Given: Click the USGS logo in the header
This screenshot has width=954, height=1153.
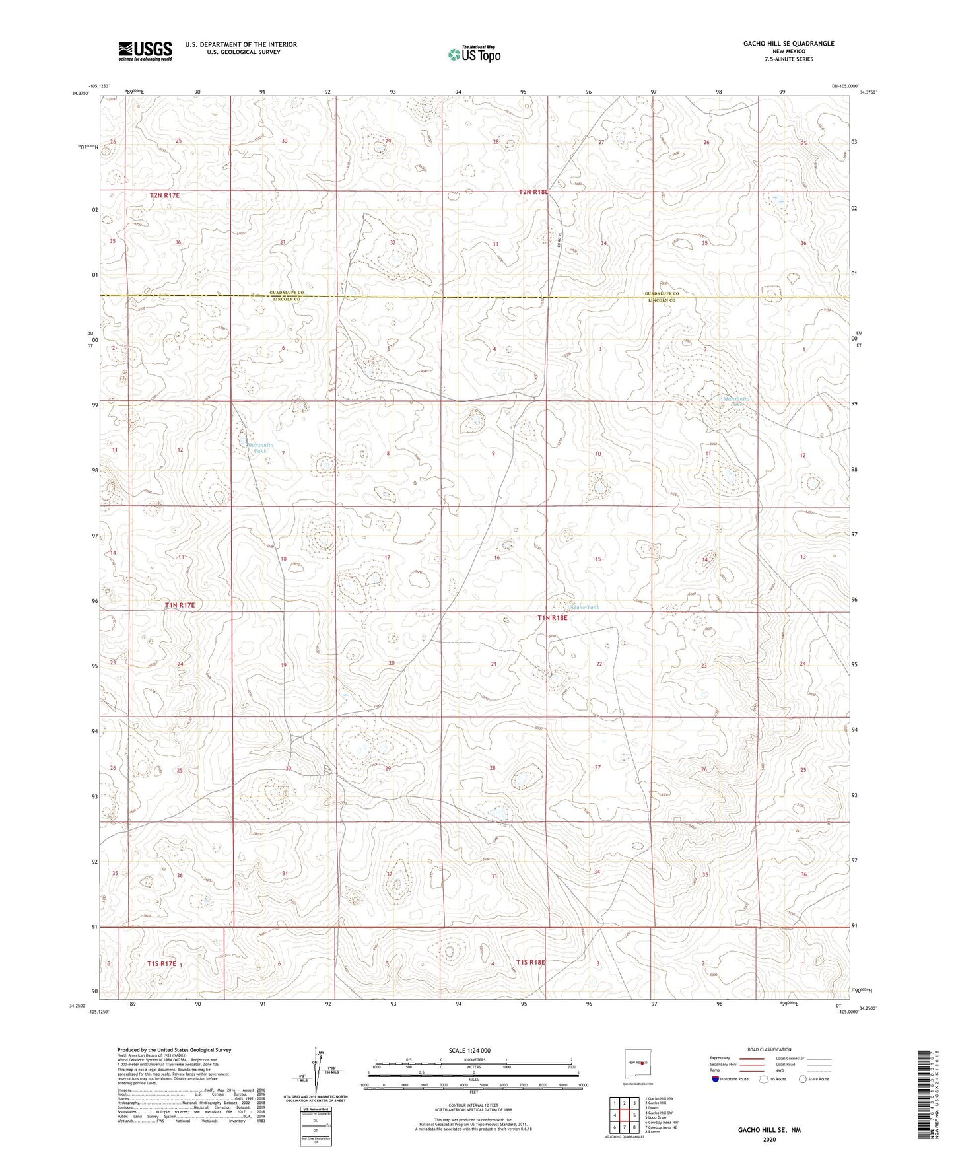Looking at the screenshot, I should pyautogui.click(x=145, y=50).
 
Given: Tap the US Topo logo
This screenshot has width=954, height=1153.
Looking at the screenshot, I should pyautogui.click(x=473, y=54).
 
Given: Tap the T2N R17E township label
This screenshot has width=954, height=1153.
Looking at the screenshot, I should pyautogui.click(x=165, y=195).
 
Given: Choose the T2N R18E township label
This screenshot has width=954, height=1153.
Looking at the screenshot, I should pyautogui.click(x=533, y=192).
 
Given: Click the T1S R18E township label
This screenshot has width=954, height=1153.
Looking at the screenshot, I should pyautogui.click(x=531, y=962).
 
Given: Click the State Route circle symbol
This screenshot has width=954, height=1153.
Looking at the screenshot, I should pyautogui.click(x=803, y=1080).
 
